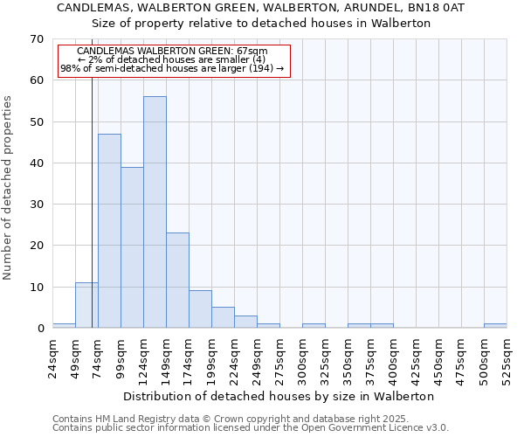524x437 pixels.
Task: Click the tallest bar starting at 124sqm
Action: [155, 212]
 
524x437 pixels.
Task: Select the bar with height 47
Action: [109, 231]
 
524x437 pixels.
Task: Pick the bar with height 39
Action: [132, 247]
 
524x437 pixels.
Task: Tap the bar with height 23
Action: [177, 280]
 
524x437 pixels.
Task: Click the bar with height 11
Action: [86, 305]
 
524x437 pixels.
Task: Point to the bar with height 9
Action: [200, 309]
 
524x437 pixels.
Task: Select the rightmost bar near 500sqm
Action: [495, 326]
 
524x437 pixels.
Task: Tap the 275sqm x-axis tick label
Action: [280, 357]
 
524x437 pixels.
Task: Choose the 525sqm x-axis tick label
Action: [507, 357]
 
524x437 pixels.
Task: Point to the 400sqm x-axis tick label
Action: [394, 357]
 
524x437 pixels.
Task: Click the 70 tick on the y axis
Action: [37, 39]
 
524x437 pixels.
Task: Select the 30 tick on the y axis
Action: [37, 205]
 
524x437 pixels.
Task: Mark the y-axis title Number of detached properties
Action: [9, 189]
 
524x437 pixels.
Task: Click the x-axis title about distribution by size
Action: [279, 396]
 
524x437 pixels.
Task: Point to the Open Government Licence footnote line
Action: [251, 428]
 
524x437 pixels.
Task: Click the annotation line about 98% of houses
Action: [172, 68]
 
